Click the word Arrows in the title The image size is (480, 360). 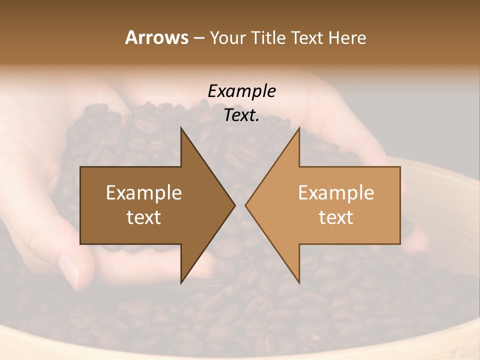click(156, 37)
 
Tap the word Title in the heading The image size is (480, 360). click(268, 37)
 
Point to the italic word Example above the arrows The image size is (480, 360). click(241, 91)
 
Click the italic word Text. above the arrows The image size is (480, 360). click(241, 115)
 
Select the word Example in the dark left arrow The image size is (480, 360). click(143, 192)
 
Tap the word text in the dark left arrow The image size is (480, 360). click(143, 217)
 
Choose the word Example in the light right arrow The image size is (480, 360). click(336, 192)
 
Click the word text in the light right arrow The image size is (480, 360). click(336, 217)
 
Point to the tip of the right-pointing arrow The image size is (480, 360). click(234, 205)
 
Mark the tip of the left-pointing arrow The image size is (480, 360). click(245, 205)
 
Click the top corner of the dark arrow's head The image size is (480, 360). click(181, 128)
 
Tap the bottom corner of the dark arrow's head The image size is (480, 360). click(181, 282)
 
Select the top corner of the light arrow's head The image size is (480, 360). click(299, 128)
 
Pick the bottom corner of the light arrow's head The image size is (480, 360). click(299, 282)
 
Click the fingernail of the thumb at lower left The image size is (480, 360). click(68, 270)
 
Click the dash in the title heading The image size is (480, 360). click(198, 38)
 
